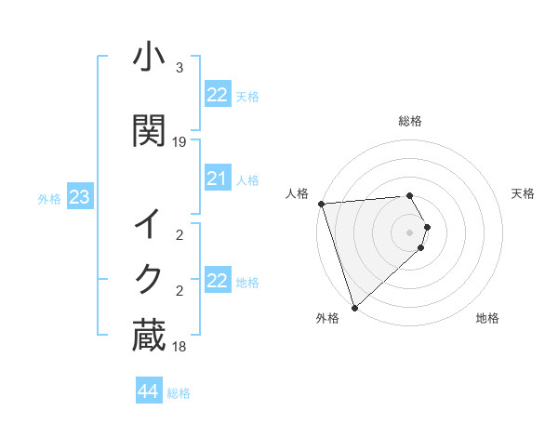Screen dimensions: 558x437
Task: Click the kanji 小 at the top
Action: (x=149, y=58)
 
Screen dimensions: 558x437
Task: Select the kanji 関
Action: (x=149, y=131)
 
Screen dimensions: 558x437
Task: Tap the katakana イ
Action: (x=149, y=226)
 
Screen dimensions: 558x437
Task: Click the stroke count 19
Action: (x=179, y=142)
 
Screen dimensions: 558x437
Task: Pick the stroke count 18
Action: (x=179, y=347)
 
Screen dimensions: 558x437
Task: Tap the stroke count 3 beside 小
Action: (x=179, y=68)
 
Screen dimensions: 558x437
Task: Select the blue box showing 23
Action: (x=79, y=197)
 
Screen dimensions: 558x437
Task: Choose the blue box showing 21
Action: (x=217, y=179)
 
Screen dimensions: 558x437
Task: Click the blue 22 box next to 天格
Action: (x=217, y=95)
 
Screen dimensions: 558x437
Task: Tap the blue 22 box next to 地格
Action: (x=217, y=281)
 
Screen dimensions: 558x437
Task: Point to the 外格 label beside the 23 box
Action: (x=48, y=199)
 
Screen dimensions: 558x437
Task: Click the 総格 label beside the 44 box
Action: (x=179, y=393)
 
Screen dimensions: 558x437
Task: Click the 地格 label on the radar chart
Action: (x=487, y=319)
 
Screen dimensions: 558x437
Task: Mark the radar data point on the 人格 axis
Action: (x=321, y=204)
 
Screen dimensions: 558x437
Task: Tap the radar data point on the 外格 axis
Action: (x=354, y=306)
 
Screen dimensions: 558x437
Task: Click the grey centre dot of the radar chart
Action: (x=409, y=232)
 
